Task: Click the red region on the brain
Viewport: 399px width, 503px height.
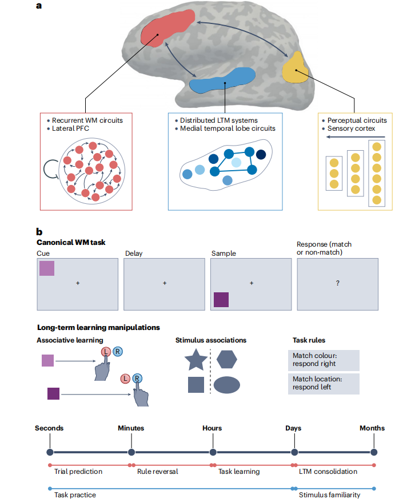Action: (x=167, y=27)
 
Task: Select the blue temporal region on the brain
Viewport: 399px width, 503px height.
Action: (x=222, y=80)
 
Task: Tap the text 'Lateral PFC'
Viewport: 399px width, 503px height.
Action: (x=70, y=128)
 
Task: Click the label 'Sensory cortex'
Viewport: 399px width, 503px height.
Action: (x=351, y=128)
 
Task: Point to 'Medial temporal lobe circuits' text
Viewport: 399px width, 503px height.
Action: (x=228, y=128)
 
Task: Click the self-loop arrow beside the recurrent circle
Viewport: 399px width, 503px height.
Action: (x=50, y=169)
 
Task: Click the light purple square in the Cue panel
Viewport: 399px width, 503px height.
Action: (x=47, y=268)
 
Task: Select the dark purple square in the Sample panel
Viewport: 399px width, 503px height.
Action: (x=221, y=300)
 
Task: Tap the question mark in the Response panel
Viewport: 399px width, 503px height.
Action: (x=338, y=283)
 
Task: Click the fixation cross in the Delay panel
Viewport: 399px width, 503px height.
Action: (x=165, y=283)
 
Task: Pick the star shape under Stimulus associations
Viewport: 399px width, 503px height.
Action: (x=196, y=360)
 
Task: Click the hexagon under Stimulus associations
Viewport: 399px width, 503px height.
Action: (x=227, y=359)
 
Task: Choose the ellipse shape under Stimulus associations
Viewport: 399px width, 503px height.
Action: (x=227, y=385)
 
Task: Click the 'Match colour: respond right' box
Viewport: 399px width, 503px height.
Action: (x=324, y=360)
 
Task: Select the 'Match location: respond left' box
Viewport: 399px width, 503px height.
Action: (x=324, y=384)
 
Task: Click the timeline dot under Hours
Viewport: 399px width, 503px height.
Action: (x=213, y=452)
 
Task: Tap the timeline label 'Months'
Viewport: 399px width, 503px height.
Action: (x=372, y=428)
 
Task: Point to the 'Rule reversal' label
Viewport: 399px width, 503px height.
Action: (x=157, y=471)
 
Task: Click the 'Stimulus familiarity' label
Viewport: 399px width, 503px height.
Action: (x=330, y=495)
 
